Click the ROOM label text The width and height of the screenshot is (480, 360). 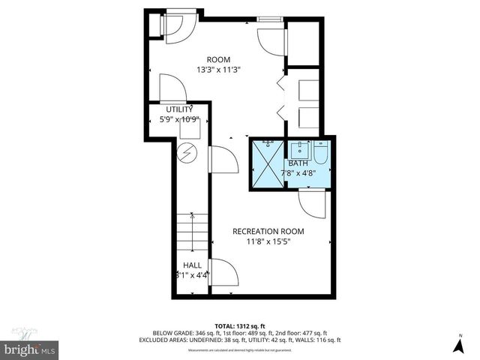tap(219, 59)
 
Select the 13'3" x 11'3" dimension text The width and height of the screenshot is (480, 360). tap(219, 70)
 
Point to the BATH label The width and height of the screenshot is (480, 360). tap(298, 163)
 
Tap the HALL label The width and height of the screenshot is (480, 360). tap(191, 265)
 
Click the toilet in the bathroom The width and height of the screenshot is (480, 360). tap(320, 154)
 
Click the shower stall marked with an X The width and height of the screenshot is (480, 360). tap(266, 163)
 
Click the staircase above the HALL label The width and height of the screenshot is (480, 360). tap(192, 232)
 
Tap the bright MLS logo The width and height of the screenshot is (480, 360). tap(30, 349)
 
